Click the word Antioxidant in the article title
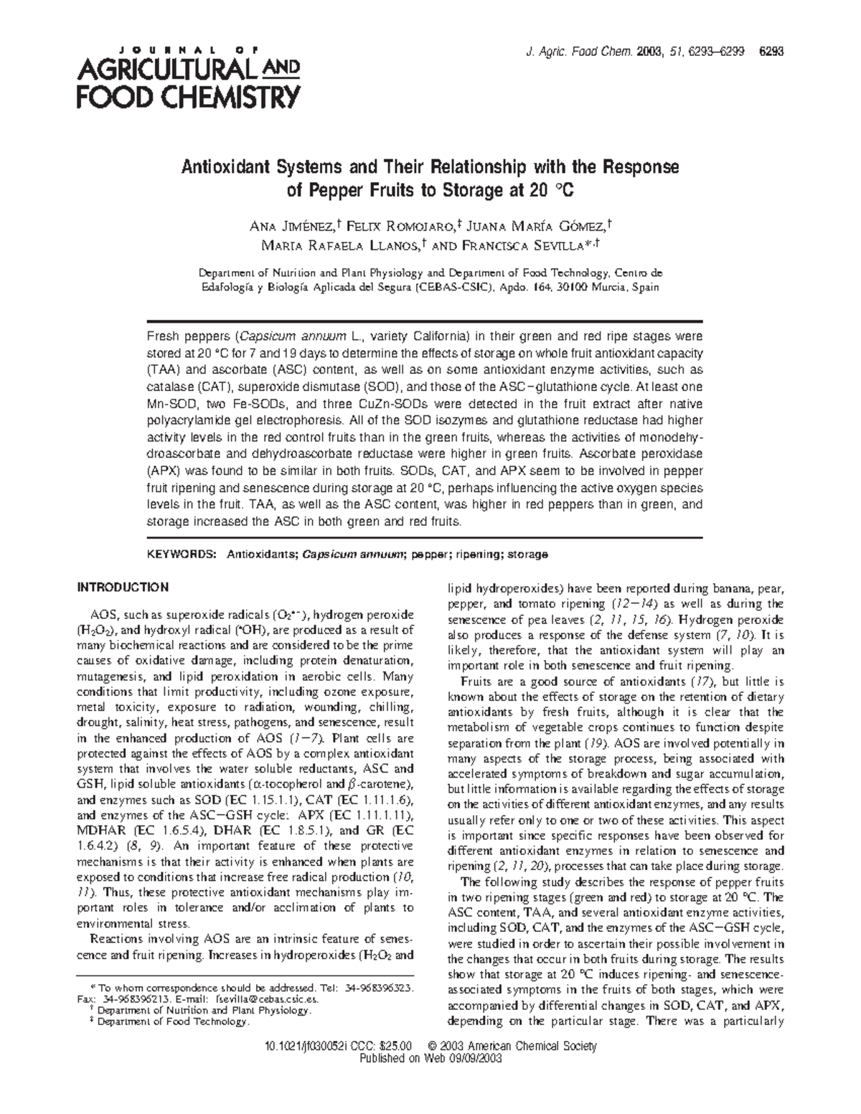pyautogui.click(x=225, y=168)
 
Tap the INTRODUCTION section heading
pyautogui.click(x=123, y=587)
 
